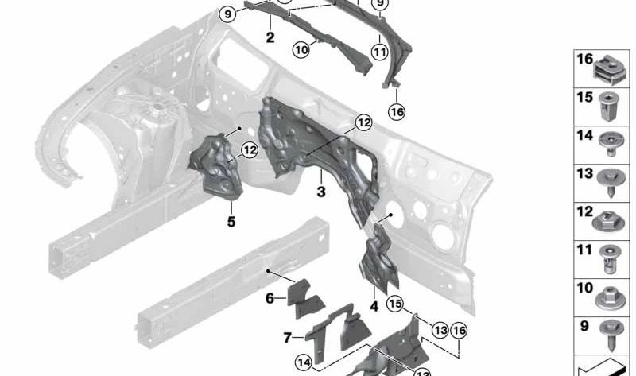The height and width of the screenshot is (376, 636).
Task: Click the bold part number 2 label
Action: click(x=270, y=37)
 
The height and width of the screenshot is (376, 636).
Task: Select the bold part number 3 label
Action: click(x=320, y=192)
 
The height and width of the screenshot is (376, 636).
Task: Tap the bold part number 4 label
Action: click(x=374, y=304)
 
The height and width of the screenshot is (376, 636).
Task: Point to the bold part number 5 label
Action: click(x=231, y=222)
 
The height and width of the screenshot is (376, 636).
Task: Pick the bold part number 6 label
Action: click(x=270, y=298)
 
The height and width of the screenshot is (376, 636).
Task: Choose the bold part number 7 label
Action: click(x=288, y=337)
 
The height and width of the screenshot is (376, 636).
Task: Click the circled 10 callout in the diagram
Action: click(x=301, y=50)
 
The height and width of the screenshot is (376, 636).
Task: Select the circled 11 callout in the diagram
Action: click(x=380, y=54)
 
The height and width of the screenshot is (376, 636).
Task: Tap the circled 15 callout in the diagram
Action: click(x=395, y=303)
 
